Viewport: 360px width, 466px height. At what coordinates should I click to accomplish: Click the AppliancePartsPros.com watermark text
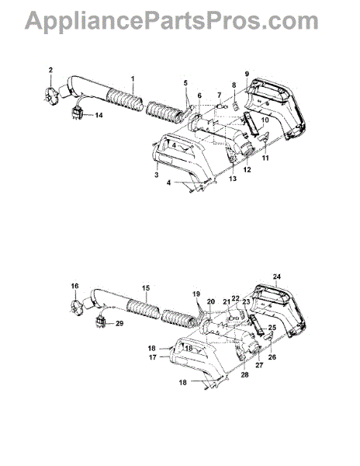pyautogui.click(x=171, y=21)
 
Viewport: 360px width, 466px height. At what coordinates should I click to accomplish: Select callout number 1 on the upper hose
pyautogui.click(x=133, y=78)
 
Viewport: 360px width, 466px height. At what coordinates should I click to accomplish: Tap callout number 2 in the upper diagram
pyautogui.click(x=50, y=70)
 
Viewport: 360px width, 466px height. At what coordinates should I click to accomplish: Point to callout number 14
pyautogui.click(x=99, y=115)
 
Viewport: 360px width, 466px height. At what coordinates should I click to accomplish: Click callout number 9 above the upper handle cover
pyautogui.click(x=247, y=74)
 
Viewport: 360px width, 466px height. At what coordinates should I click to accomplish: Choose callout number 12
pyautogui.click(x=247, y=169)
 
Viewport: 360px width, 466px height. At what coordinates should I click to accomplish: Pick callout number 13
pyautogui.click(x=233, y=179)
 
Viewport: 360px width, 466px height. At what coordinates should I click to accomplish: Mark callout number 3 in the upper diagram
pyautogui.click(x=157, y=175)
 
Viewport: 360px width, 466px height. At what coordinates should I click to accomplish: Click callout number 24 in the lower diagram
pyautogui.click(x=277, y=276)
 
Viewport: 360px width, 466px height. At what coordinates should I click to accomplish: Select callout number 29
pyautogui.click(x=119, y=323)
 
